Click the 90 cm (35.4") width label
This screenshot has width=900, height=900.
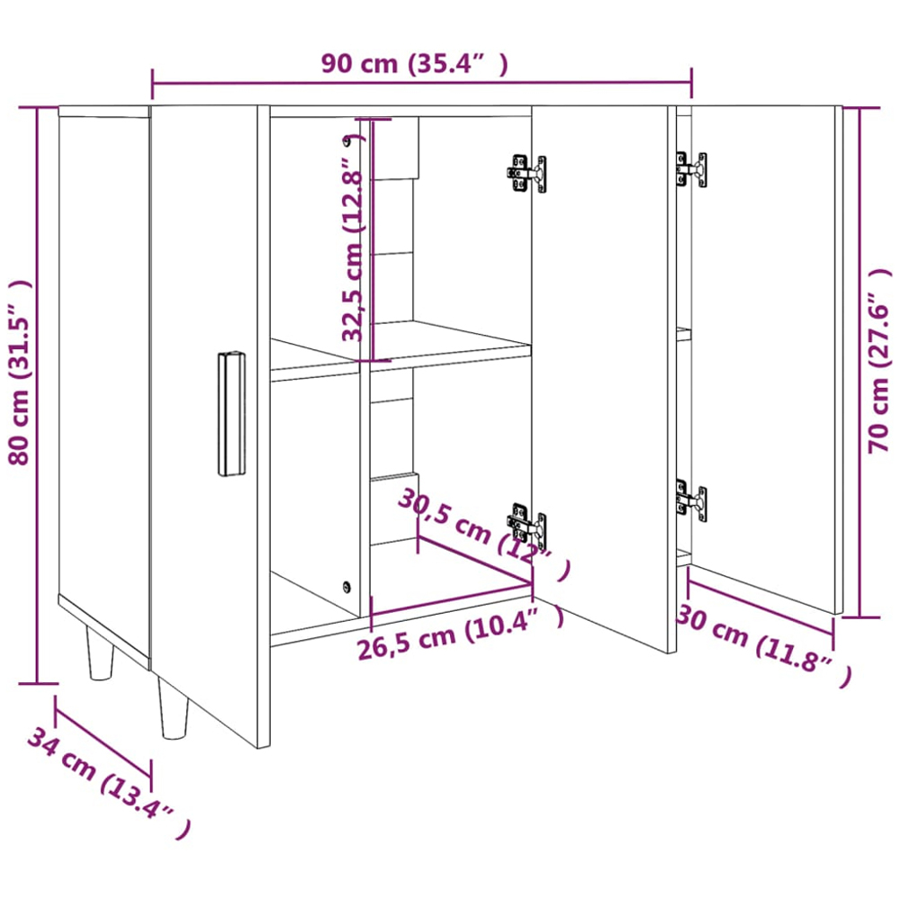[x=414, y=64]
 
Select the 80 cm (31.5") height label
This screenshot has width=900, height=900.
[x=19, y=373]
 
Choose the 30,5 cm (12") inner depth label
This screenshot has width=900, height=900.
[x=484, y=534]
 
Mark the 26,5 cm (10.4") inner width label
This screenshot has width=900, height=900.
[x=460, y=633]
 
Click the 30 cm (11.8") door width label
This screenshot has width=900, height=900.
[x=764, y=644]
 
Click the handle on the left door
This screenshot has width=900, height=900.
[x=231, y=413]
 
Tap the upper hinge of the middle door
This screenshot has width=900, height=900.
[x=526, y=174]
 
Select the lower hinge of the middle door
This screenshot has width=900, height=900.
[x=526, y=524]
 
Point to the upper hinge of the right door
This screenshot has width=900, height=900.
[x=691, y=169]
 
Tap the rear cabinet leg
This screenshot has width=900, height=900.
[x=100, y=652]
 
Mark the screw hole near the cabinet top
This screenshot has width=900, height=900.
[x=346, y=140]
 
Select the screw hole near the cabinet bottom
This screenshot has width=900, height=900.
[x=346, y=587]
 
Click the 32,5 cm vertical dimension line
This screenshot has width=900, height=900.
[x=372, y=240]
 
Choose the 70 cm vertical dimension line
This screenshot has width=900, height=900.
[x=859, y=363]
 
